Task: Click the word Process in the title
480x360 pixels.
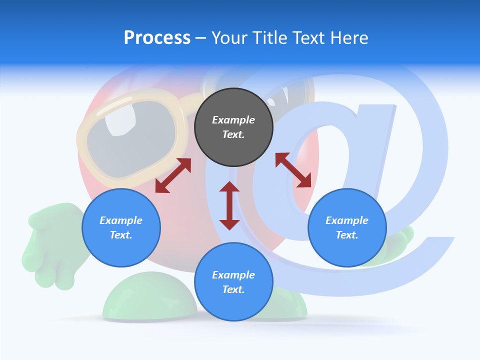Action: coord(157,38)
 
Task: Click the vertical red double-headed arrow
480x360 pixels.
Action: coord(229,205)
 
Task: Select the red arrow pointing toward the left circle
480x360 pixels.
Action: coord(173,175)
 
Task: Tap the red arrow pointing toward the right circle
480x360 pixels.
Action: coord(293,170)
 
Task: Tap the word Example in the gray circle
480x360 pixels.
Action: coord(233,120)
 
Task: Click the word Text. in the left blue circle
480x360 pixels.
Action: coord(121,235)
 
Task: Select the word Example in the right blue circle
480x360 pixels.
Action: coord(347,220)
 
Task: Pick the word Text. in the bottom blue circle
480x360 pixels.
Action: coord(233,289)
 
